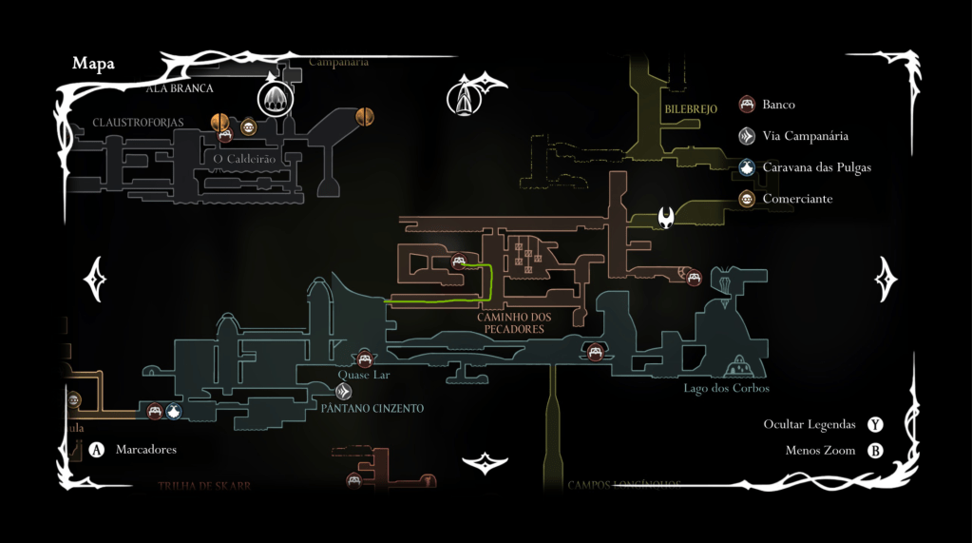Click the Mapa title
pos(93,64)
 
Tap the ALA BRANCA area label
pos(180,88)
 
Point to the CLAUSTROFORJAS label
pos(138,123)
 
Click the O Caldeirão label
pos(244,159)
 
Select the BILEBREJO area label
pos(691,109)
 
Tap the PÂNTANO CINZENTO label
pos(372,408)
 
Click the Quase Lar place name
pos(364,375)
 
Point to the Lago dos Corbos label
pos(726,388)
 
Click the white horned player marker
pos(667,218)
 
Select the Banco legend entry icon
pos(747,105)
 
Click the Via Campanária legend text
pos(805,136)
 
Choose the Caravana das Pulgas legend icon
pos(747,167)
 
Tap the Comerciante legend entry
pos(797,199)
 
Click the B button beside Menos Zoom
pos(875,451)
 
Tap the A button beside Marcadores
pos(97,450)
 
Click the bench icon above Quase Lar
pos(364,358)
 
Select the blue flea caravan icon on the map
pos(174,412)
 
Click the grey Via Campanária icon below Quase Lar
pos(344,391)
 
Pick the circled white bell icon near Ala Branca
pos(276,97)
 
